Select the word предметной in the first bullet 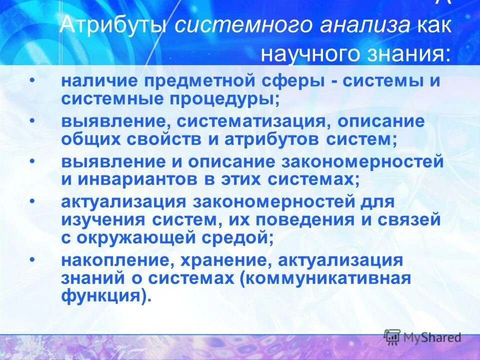tap(199, 81)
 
